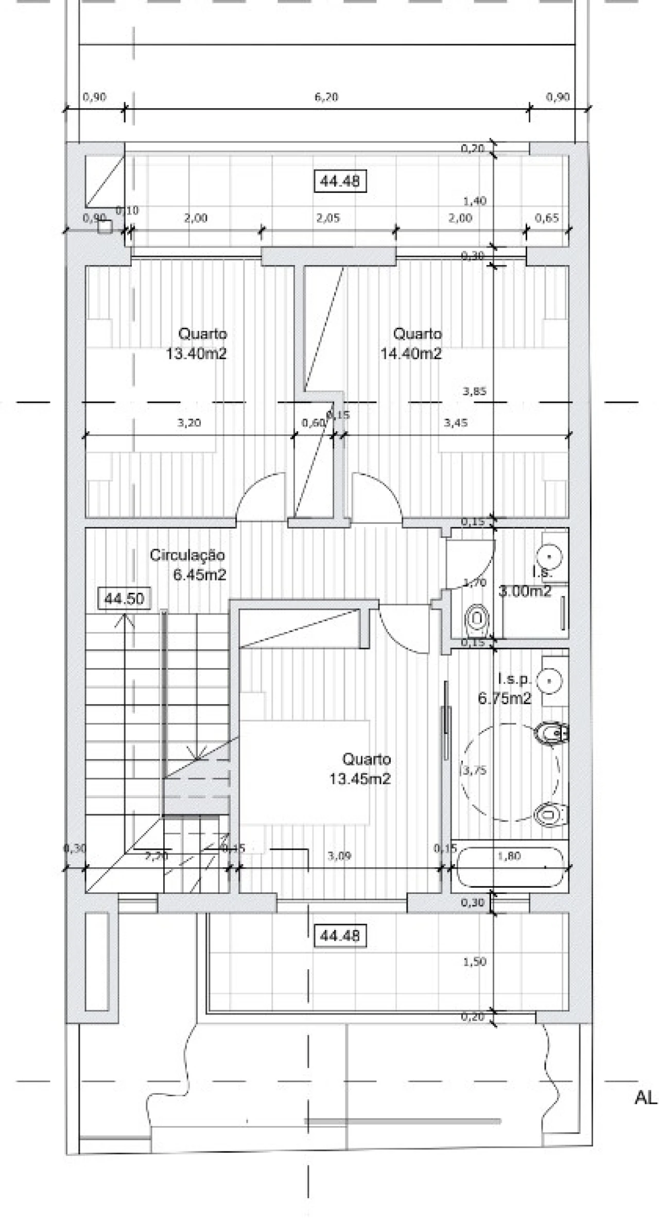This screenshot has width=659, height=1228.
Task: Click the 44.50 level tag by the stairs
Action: [124, 599]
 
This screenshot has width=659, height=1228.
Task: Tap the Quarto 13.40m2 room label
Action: [197, 344]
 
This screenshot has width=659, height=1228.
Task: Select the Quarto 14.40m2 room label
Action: [411, 344]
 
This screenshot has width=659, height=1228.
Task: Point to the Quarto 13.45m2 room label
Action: [360, 769]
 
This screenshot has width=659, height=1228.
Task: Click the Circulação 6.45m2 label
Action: [188, 565]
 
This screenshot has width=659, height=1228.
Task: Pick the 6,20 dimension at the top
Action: [326, 97]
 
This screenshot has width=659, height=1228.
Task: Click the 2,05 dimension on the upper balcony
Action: [328, 218]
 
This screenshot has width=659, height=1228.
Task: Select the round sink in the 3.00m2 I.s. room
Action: [550, 556]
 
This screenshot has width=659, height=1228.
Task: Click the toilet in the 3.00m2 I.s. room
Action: [477, 617]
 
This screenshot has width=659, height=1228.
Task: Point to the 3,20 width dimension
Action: [189, 423]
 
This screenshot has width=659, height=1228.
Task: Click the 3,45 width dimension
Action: [456, 423]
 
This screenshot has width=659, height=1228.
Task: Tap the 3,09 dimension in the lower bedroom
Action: [339, 856]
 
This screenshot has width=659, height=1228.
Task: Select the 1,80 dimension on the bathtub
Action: [510, 855]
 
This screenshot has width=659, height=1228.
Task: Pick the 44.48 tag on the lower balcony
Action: [340, 935]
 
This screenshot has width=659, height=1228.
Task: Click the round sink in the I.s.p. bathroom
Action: [550, 681]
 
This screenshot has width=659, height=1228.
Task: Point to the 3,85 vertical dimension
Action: [474, 391]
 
